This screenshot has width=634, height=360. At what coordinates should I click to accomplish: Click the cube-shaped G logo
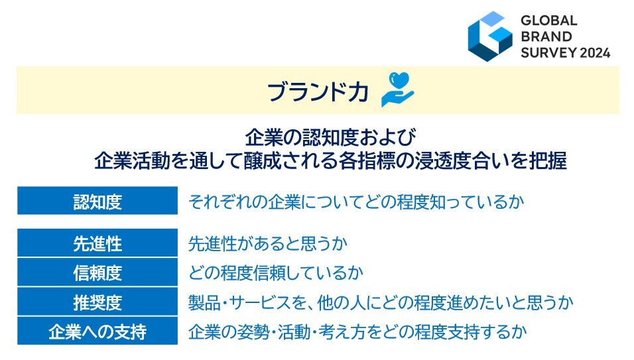pyautogui.click(x=489, y=36)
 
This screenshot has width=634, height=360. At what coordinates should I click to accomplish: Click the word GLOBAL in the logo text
pyautogui.click(x=548, y=20)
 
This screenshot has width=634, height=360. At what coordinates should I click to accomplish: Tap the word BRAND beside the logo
pyautogui.click(x=546, y=36)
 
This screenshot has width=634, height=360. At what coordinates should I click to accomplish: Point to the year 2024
pyautogui.click(x=595, y=52)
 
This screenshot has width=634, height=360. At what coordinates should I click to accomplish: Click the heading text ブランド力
pyautogui.click(x=318, y=91)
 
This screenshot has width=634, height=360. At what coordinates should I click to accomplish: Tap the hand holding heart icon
pyautogui.click(x=398, y=90)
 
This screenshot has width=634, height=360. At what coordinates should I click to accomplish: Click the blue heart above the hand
pyautogui.click(x=399, y=80)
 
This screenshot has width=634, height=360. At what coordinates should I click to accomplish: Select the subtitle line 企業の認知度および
pyautogui.click(x=330, y=138)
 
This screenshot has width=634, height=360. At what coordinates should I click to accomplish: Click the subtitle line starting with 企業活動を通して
pyautogui.click(x=330, y=160)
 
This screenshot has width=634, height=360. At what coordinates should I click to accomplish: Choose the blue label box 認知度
pyautogui.click(x=97, y=200)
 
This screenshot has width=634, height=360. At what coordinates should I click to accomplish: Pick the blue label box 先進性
pyautogui.click(x=97, y=243)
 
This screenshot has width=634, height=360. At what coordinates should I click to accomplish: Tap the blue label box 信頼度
pyautogui.click(x=97, y=272)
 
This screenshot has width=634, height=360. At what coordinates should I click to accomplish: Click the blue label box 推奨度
pyautogui.click(x=97, y=302)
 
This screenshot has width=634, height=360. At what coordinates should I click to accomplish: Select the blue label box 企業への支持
pyautogui.click(x=97, y=331)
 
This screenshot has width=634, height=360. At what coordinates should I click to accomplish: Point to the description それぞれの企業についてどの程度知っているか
pyautogui.click(x=356, y=201)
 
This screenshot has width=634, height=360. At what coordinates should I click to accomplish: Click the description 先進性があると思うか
pyautogui.click(x=268, y=243)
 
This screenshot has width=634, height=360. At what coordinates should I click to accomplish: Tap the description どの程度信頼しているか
pyautogui.click(x=276, y=272)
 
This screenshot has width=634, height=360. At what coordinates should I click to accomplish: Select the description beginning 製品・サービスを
pyautogui.click(x=381, y=302)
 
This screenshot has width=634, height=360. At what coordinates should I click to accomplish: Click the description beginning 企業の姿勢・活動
pyautogui.click(x=357, y=331)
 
